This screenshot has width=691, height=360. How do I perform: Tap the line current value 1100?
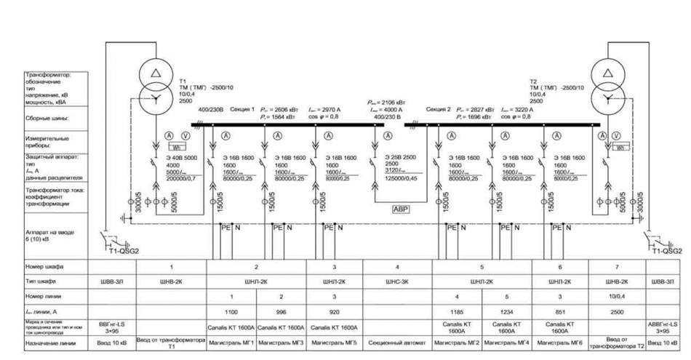[x=231, y=311]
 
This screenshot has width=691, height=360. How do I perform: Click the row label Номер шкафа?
[x=44, y=266]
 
